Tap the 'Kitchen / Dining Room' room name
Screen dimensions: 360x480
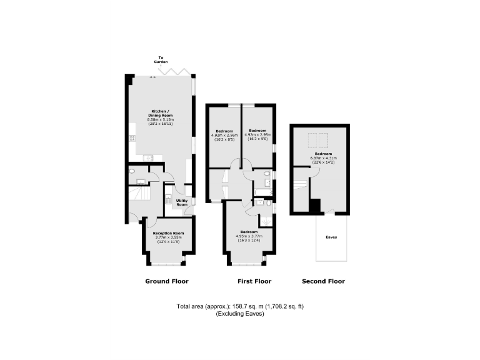[161, 115]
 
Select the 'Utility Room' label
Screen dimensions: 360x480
[182, 202]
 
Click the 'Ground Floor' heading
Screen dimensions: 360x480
[167, 281]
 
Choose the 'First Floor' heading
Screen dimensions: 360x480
[254, 281]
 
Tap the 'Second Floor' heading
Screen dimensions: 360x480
[323, 281]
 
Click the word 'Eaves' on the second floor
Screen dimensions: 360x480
[332, 237]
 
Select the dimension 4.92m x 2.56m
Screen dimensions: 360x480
[224, 135]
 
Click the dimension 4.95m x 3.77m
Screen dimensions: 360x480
[249, 236]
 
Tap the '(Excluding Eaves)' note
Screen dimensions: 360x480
[240, 314]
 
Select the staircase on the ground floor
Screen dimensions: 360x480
[137, 199]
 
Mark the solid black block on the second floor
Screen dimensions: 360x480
[315, 206]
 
